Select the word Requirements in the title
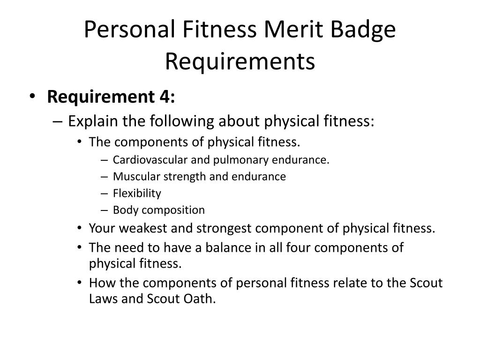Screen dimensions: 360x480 240,61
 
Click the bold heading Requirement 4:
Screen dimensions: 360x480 111,97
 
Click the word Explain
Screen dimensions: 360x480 93,121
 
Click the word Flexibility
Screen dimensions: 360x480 137,193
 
